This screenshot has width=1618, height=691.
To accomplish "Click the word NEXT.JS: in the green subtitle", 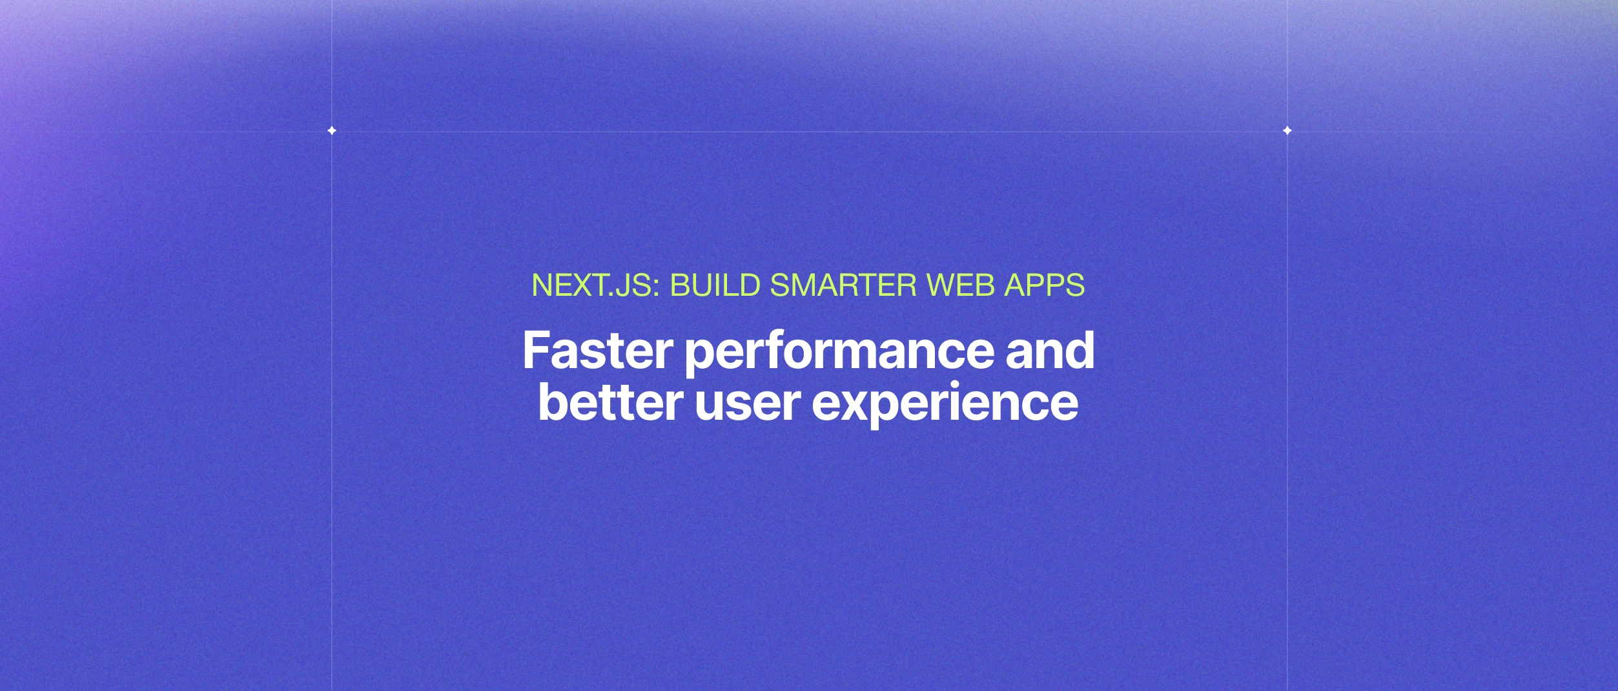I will (595, 285).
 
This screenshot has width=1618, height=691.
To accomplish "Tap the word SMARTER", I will (843, 285).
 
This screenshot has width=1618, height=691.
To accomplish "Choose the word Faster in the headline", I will (597, 351).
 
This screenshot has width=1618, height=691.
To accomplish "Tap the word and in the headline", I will (1050, 351).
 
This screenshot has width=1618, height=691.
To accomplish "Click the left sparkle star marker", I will (332, 130).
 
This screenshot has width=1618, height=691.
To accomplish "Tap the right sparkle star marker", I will (1287, 130).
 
